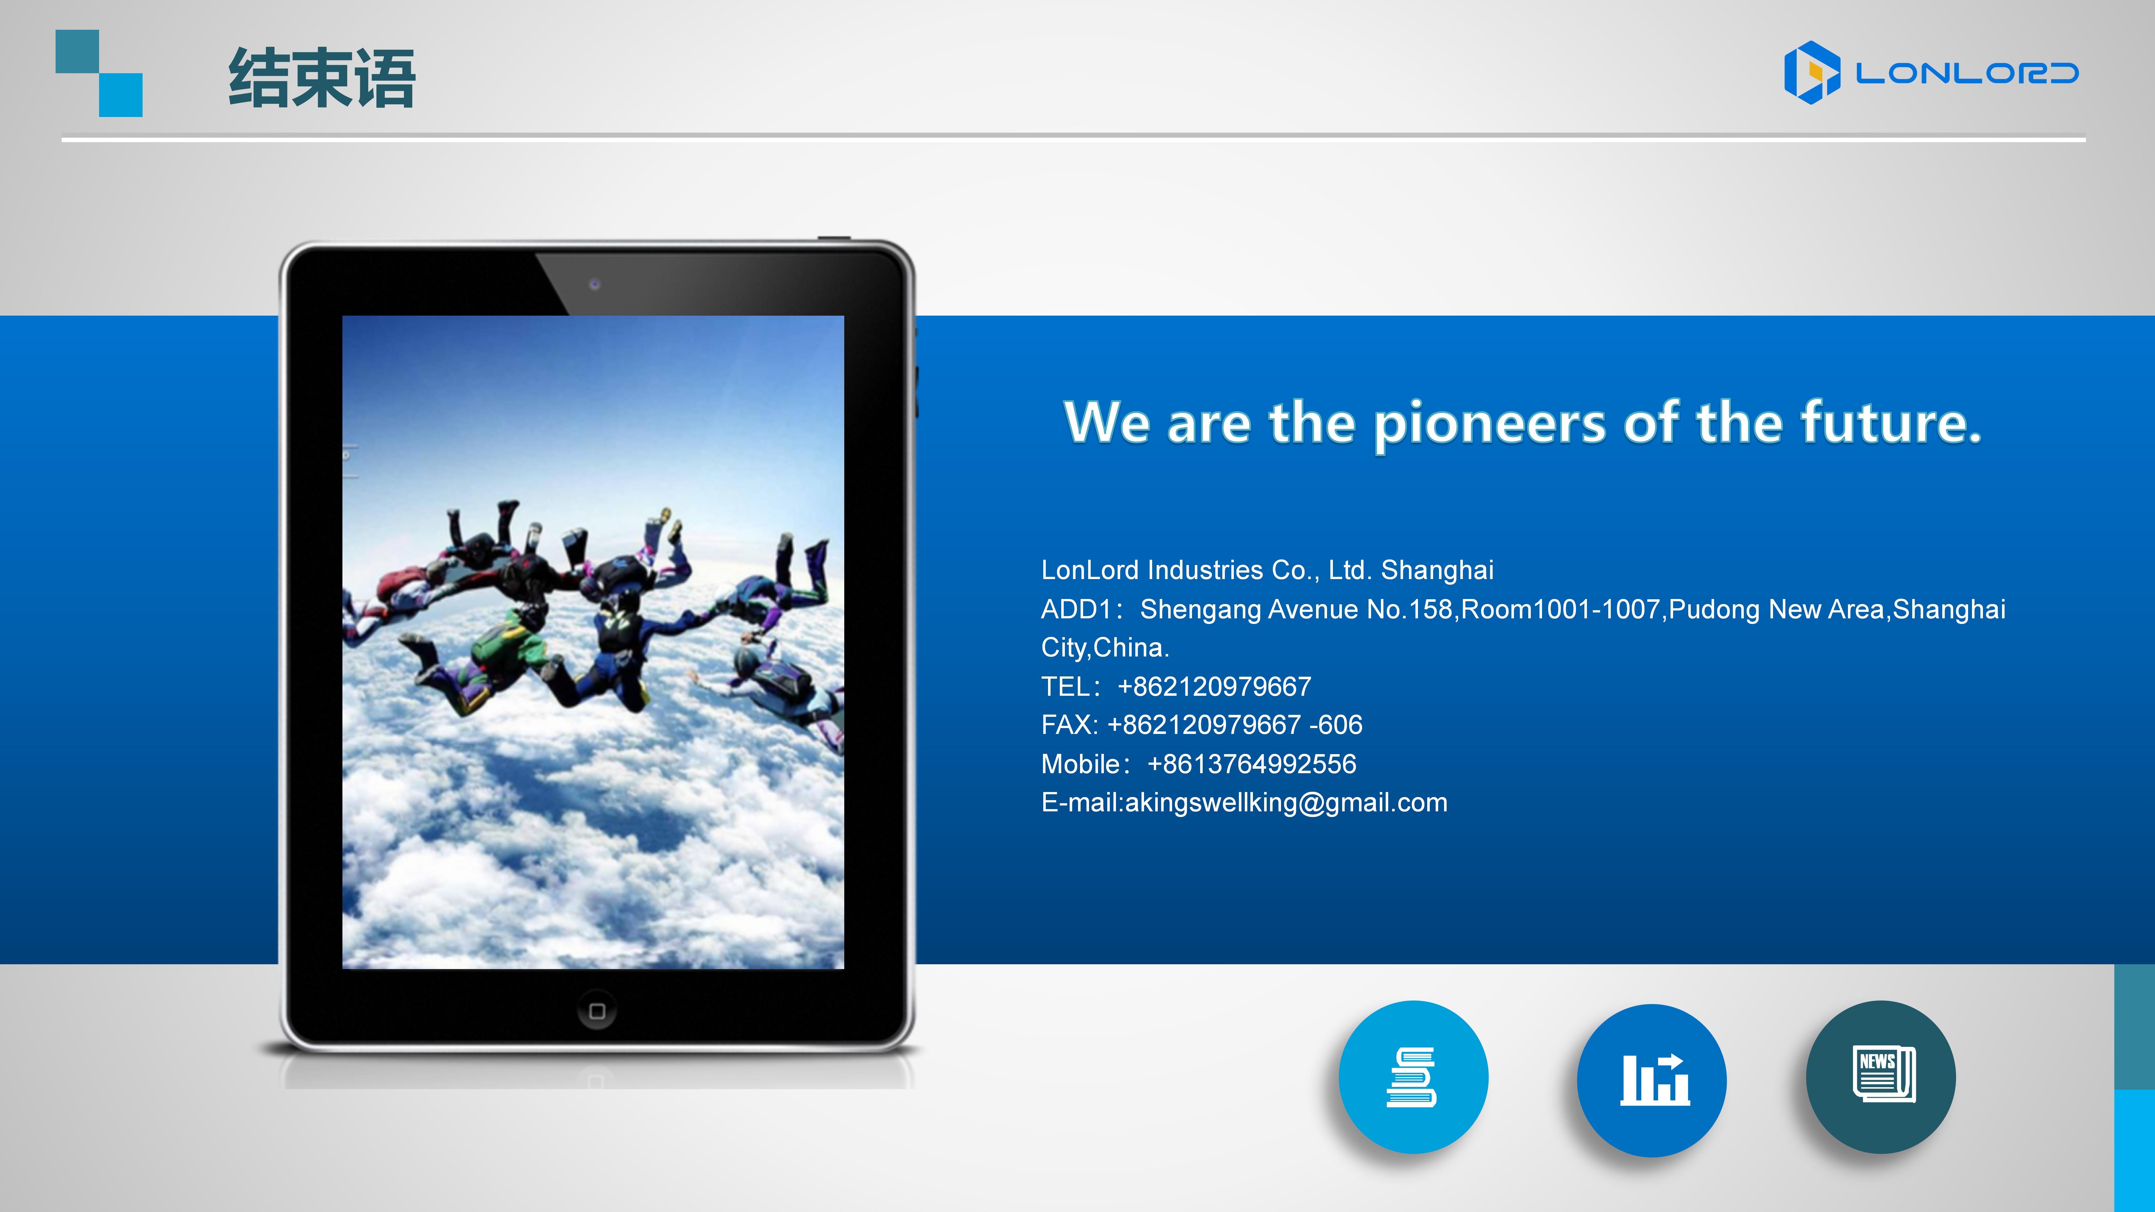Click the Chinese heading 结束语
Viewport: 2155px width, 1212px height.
[322, 78]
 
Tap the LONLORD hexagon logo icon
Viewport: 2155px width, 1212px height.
[1812, 73]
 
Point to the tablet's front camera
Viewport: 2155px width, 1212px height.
[595, 284]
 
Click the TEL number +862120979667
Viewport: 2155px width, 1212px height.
[1214, 687]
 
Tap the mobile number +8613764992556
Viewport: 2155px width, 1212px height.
[1252, 764]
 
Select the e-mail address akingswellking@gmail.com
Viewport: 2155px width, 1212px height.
[1286, 803]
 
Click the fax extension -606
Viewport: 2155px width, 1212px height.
[1336, 725]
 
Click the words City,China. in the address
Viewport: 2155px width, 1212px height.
[1105, 648]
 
